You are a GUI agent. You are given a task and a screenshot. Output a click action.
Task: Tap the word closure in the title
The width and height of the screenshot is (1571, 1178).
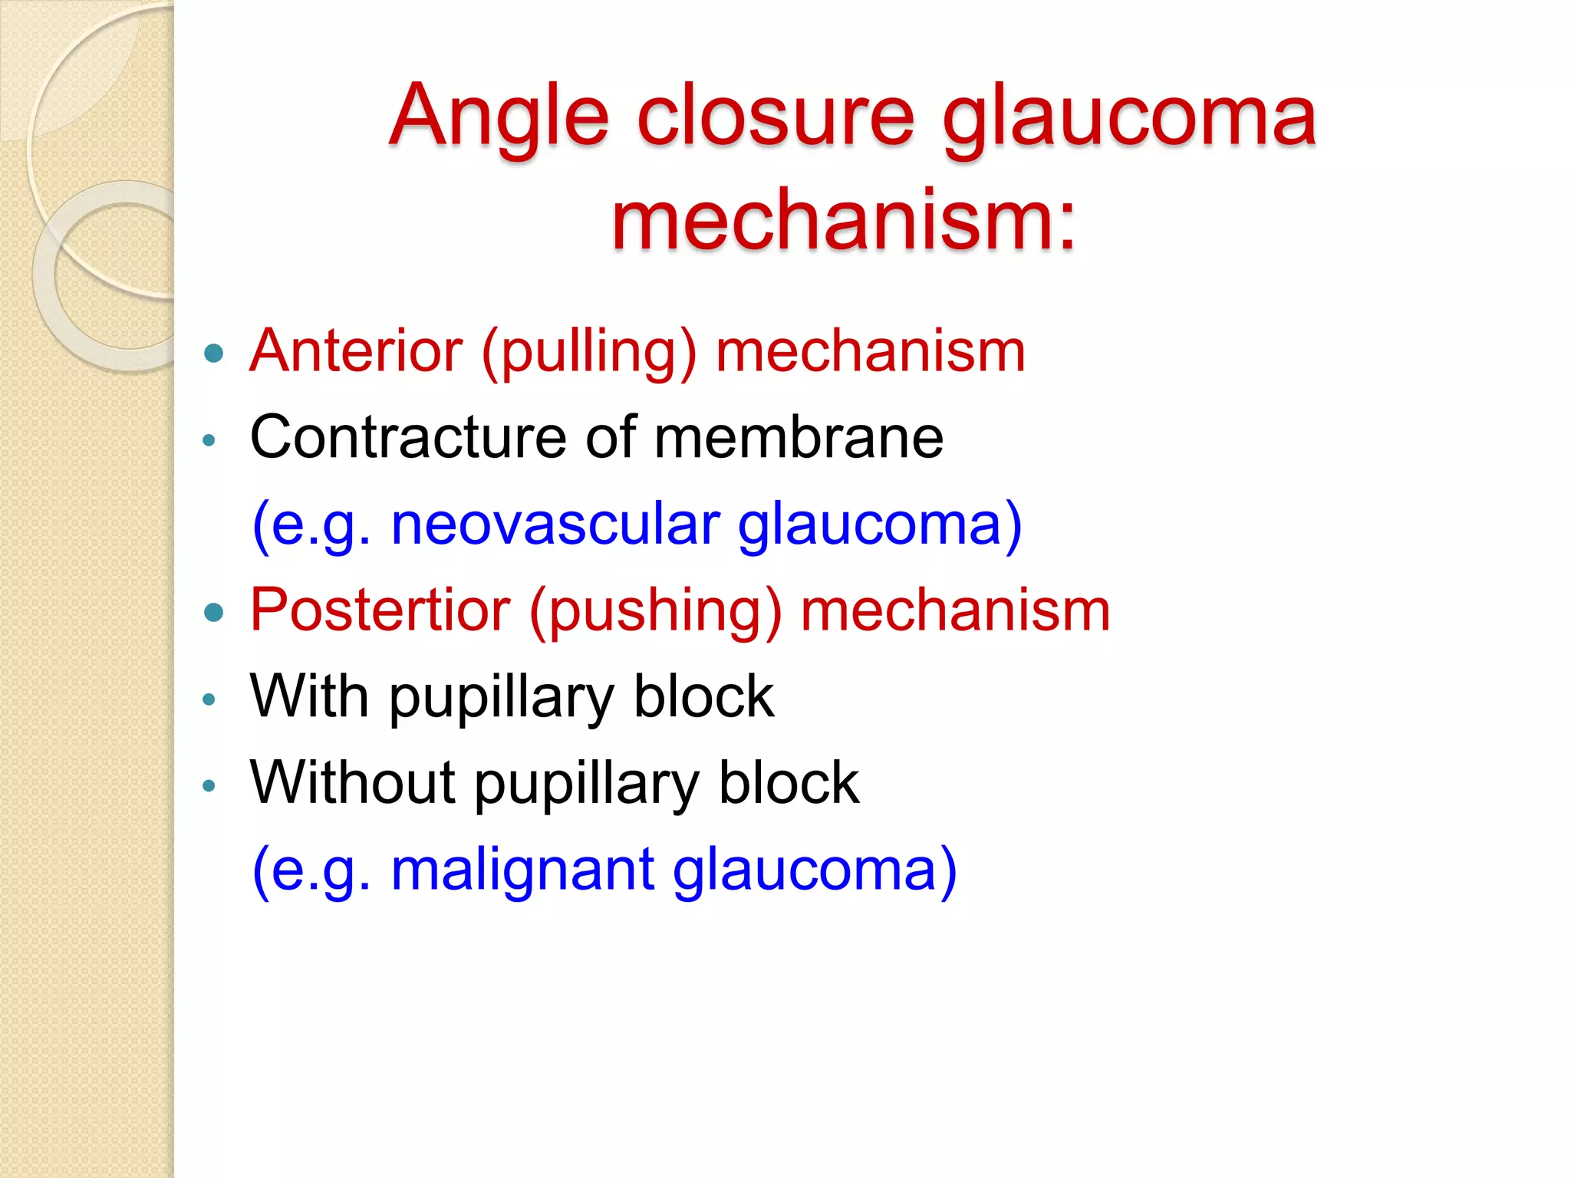click(775, 117)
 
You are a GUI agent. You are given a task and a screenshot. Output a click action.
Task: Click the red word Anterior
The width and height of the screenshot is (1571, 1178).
click(356, 351)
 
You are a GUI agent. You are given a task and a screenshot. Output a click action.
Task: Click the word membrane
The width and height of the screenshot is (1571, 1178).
click(798, 437)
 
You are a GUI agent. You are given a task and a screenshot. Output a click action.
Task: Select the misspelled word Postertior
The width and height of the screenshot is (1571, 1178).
click(380, 610)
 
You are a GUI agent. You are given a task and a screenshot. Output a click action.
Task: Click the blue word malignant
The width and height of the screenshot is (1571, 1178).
click(522, 870)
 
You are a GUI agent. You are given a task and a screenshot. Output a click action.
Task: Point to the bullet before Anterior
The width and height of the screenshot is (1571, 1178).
click(214, 354)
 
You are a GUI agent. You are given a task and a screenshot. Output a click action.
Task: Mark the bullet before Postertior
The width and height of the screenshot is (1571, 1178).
click(214, 612)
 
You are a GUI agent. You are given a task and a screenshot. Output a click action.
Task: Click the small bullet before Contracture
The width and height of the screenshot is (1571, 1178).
click(209, 440)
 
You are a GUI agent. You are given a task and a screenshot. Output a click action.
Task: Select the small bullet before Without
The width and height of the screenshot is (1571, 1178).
click(209, 785)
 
